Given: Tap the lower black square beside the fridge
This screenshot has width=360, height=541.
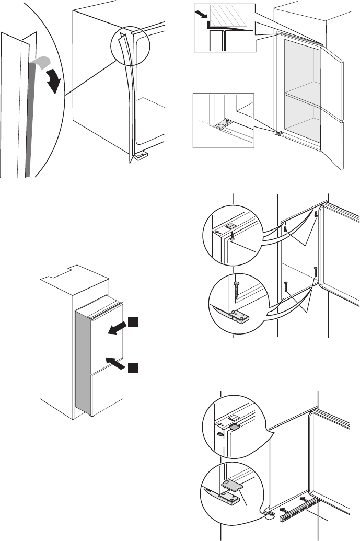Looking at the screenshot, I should pyautogui.click(x=133, y=368).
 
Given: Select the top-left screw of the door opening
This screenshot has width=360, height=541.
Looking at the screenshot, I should pyautogui.click(x=285, y=229).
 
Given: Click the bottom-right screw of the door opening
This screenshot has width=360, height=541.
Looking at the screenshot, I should pyautogui.click(x=315, y=273).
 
